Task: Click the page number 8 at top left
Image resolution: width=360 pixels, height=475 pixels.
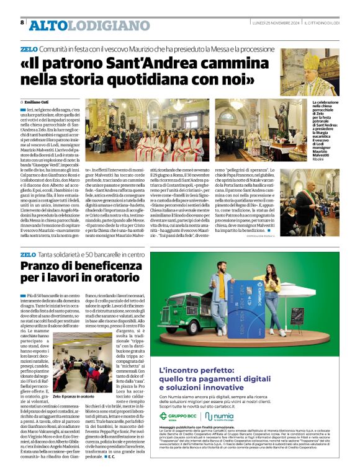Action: click(x=22, y=22)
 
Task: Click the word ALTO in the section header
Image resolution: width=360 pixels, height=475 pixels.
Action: click(x=48, y=25)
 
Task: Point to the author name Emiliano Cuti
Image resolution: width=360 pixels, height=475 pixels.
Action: click(x=38, y=101)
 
